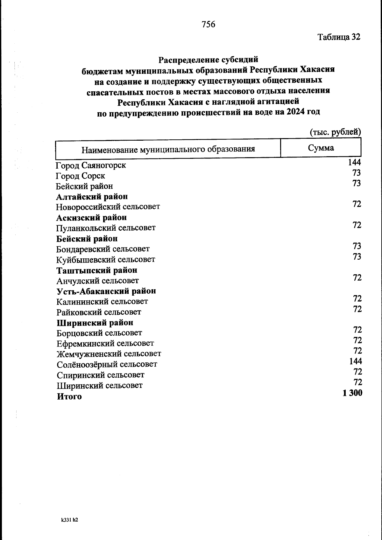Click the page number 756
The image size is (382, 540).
(x=209, y=24)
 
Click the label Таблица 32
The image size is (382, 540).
(x=339, y=37)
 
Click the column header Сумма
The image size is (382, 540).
(x=321, y=148)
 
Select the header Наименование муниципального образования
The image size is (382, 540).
(x=168, y=149)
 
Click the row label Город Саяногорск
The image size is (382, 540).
(x=91, y=165)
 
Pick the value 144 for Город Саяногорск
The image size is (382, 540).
(x=354, y=162)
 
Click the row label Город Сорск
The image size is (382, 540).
(x=80, y=176)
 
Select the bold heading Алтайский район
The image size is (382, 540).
(x=92, y=197)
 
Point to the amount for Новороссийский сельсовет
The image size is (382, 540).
(x=357, y=204)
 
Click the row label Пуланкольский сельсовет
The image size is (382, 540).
(x=106, y=228)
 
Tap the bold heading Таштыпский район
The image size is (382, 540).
(x=97, y=270)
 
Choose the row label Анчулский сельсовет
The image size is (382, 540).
(x=97, y=281)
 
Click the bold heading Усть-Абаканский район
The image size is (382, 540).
(x=106, y=291)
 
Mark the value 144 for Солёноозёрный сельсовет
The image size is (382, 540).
(x=355, y=361)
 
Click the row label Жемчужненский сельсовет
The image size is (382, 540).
(x=109, y=354)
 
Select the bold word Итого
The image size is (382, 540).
(x=69, y=396)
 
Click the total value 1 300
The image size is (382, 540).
(x=352, y=393)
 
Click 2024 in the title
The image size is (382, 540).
(x=296, y=112)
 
